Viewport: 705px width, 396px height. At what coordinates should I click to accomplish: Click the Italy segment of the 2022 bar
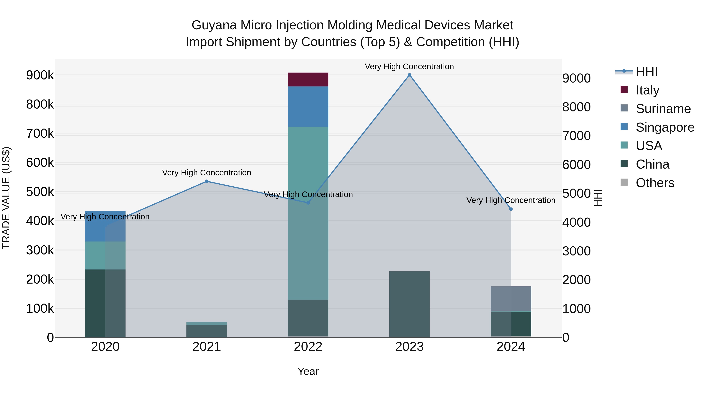(308, 80)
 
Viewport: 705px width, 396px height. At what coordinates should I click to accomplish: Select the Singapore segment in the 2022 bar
(308, 107)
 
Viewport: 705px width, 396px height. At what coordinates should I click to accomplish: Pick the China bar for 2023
(409, 304)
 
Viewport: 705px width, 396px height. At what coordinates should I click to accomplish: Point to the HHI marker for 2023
(409, 75)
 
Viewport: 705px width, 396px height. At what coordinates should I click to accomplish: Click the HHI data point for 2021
(207, 181)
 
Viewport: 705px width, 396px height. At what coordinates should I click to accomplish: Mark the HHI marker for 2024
(511, 209)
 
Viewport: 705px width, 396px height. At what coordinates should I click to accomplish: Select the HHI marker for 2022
(308, 203)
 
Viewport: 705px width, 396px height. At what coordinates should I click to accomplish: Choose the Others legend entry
(655, 183)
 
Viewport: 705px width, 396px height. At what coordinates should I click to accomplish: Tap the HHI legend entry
(646, 72)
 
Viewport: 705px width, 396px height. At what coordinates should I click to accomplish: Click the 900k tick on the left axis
(40, 75)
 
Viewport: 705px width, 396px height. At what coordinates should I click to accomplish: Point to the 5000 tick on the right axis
(576, 193)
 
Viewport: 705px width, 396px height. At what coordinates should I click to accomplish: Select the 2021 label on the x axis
(207, 347)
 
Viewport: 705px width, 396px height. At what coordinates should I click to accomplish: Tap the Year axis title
(308, 371)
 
